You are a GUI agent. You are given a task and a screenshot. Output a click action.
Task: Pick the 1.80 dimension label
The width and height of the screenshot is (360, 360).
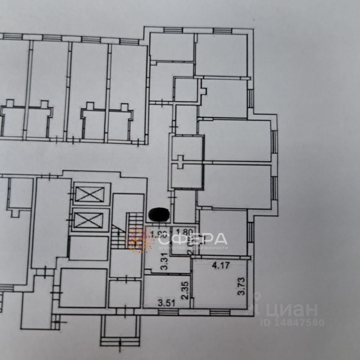(x=184, y=232)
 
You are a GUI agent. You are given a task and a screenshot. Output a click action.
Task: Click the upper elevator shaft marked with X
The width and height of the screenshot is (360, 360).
(x=90, y=194)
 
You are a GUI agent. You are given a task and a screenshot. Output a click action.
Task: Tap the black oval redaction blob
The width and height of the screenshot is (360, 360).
(x=159, y=215)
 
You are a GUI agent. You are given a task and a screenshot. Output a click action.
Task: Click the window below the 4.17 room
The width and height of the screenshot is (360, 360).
(x=216, y=312)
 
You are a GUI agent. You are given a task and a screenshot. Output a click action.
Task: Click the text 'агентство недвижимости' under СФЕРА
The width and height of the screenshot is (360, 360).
(x=193, y=248)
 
